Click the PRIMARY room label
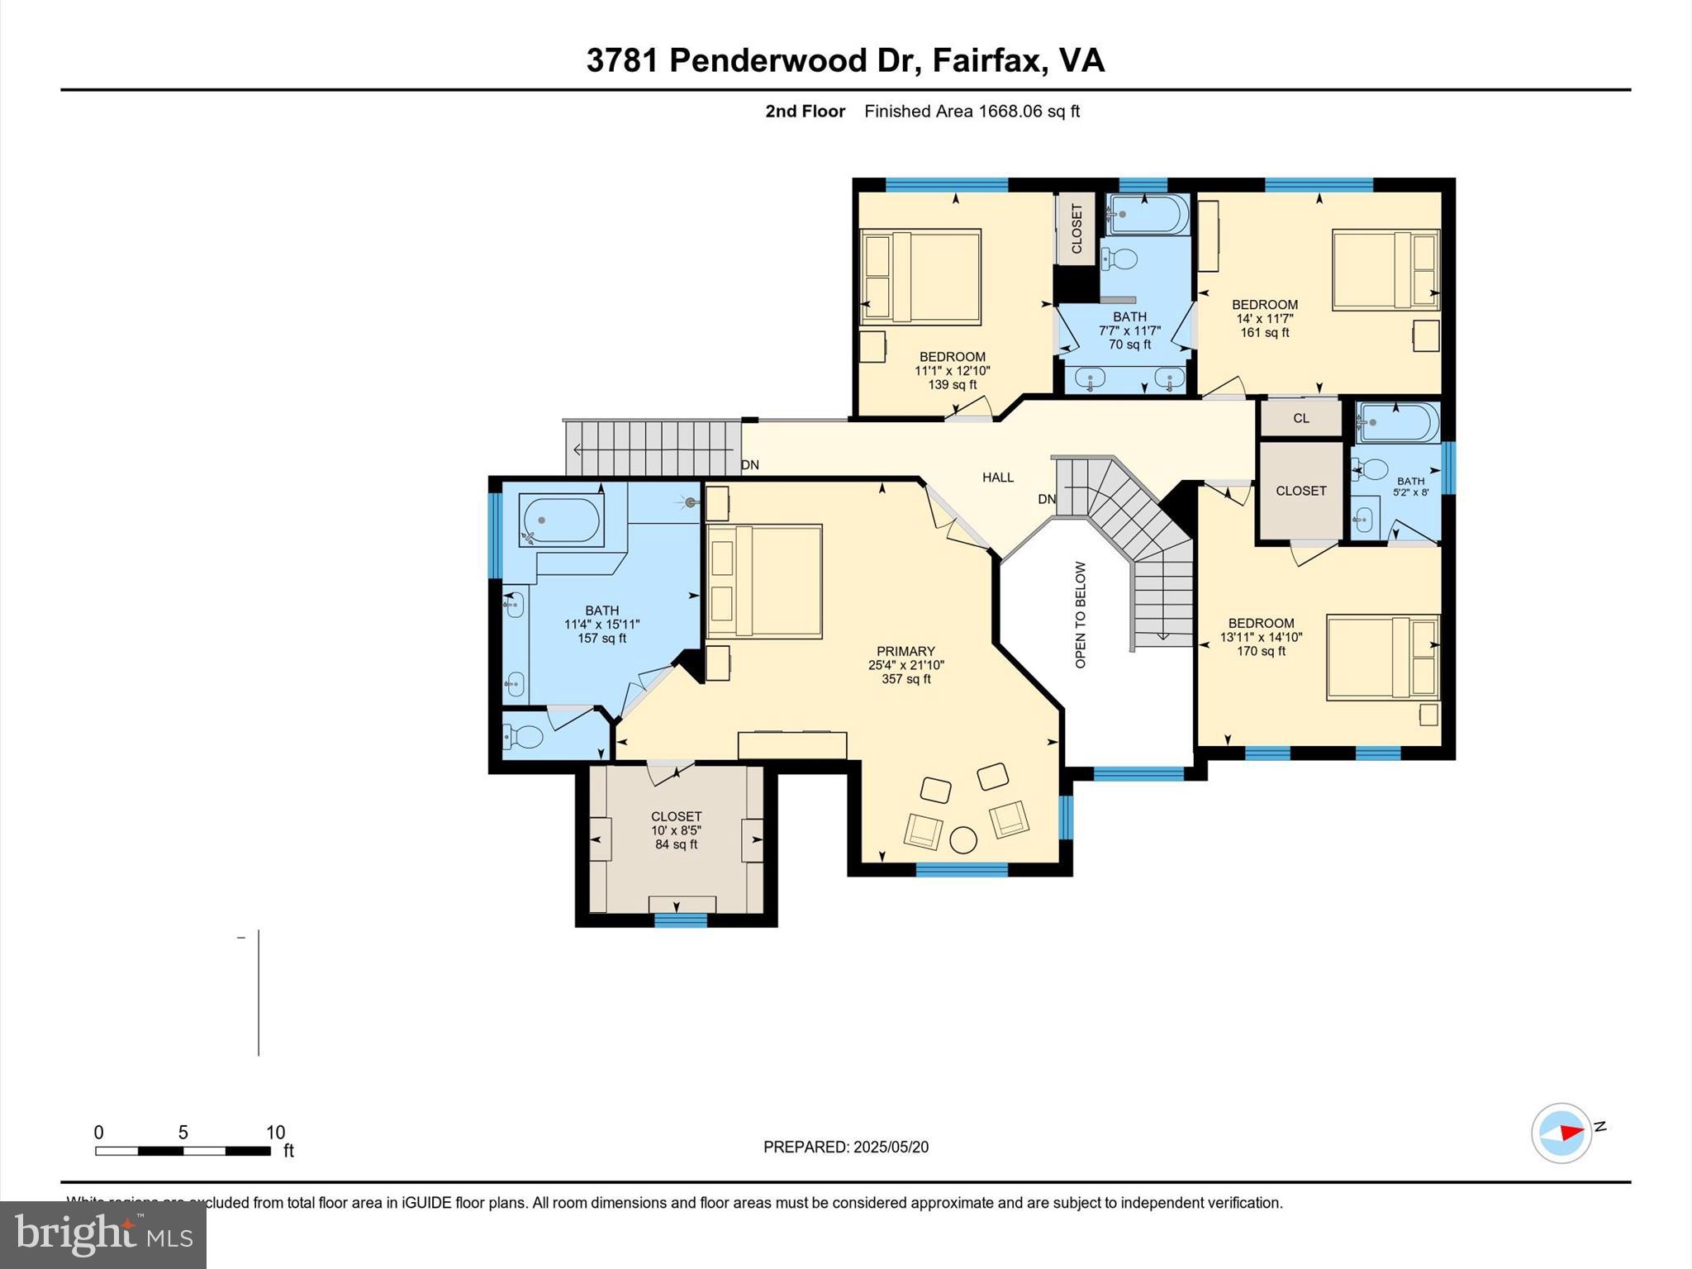905,651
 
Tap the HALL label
997,478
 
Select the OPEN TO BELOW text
1081,615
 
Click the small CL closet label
1301,419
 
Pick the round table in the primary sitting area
963,840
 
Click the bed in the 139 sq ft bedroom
920,277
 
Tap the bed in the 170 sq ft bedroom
1382,658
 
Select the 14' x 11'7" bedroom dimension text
1264,319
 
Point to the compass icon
1561,1133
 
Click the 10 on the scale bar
275,1133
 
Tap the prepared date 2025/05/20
891,1147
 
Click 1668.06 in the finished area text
1010,112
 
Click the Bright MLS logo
102,1235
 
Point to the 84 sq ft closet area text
676,844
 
